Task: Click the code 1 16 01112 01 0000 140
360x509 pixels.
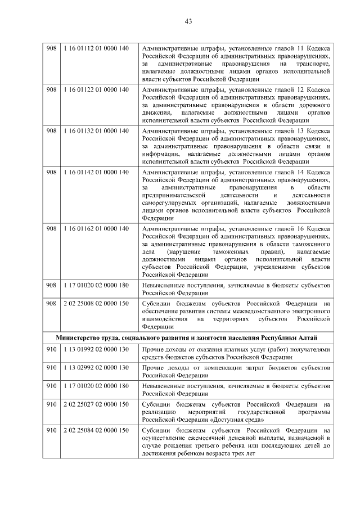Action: (96, 47)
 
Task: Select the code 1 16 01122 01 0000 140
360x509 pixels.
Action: (96, 89)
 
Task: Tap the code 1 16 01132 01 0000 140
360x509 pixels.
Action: (96, 130)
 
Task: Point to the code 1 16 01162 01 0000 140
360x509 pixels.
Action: (96, 228)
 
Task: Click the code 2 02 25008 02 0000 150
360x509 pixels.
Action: (96, 303)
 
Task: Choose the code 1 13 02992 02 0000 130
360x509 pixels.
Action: (96, 368)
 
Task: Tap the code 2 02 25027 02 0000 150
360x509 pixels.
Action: (96, 404)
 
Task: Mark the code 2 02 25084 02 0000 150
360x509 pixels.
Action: (96, 430)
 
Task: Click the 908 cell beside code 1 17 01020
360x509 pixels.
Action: (51, 285)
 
